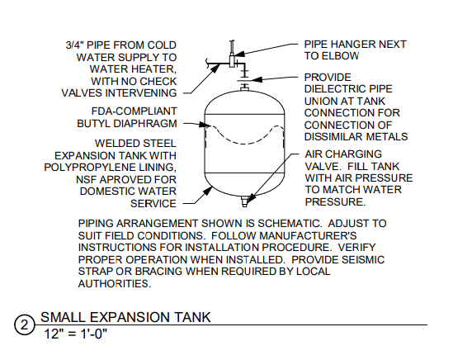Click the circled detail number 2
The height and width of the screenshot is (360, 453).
click(x=24, y=324)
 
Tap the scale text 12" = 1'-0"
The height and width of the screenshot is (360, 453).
click(x=75, y=334)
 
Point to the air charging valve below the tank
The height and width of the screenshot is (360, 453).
click(x=244, y=201)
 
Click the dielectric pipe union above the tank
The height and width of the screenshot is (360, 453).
click(x=244, y=80)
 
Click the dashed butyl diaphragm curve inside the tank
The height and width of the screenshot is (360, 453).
click(x=244, y=135)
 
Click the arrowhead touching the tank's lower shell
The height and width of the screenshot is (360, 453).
click(x=208, y=191)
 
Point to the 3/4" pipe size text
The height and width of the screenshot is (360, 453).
click(x=74, y=45)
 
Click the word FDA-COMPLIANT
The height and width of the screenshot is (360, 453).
click(x=134, y=111)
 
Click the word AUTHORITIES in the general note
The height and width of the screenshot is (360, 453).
click(x=115, y=284)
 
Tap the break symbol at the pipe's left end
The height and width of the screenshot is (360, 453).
click(x=207, y=63)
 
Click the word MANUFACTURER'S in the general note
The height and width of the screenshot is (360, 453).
click(x=309, y=235)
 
